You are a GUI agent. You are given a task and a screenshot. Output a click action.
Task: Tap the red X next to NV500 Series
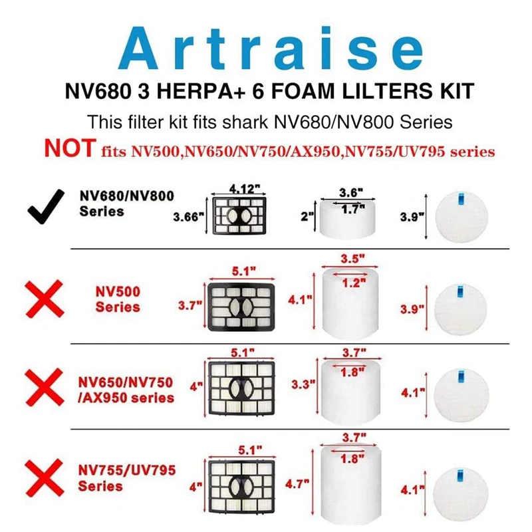[x=45, y=299]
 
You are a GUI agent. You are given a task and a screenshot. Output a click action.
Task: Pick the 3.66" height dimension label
[x=187, y=216]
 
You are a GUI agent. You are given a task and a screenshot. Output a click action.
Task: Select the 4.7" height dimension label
[x=297, y=484]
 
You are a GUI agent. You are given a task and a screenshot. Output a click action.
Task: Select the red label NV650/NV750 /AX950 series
[x=125, y=390]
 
